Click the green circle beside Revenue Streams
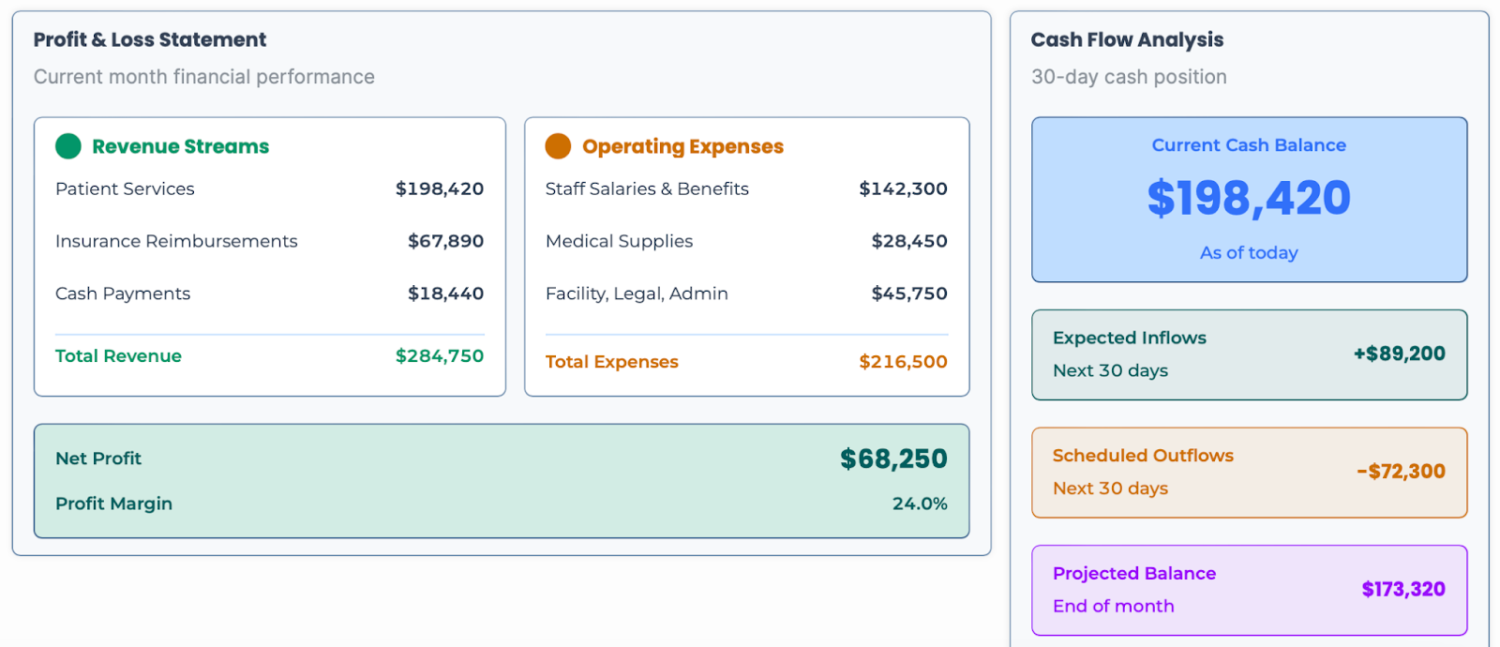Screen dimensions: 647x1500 pyautogui.click(x=68, y=146)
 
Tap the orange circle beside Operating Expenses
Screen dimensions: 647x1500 pyautogui.click(x=558, y=146)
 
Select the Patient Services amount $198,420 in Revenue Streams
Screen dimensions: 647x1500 pyautogui.click(x=439, y=188)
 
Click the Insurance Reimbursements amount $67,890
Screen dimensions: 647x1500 pyautogui.click(x=445, y=241)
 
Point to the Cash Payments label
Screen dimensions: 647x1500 pyautogui.click(x=123, y=293)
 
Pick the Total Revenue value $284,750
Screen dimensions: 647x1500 pyautogui.click(x=439, y=356)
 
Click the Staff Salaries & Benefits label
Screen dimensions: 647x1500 pyautogui.click(x=647, y=188)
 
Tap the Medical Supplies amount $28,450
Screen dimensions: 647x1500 pyautogui.click(x=908, y=241)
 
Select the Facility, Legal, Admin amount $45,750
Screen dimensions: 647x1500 pyautogui.click(x=908, y=293)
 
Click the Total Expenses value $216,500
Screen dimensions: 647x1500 pyautogui.click(x=903, y=362)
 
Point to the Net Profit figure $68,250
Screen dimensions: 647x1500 pyautogui.click(x=892, y=459)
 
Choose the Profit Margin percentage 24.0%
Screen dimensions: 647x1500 pyautogui.click(x=919, y=504)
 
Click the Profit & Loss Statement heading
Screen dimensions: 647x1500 pyautogui.click(x=150, y=39)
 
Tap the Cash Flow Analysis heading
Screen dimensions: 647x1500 pyautogui.click(x=1127, y=39)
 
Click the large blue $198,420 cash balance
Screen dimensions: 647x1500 pyautogui.click(x=1249, y=199)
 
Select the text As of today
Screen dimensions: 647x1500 pyautogui.click(x=1249, y=253)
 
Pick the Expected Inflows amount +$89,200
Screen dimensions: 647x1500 pyautogui.click(x=1399, y=354)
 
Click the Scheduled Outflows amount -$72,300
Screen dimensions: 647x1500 pyautogui.click(x=1401, y=472)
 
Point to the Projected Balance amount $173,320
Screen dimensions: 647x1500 pyautogui.click(x=1402, y=589)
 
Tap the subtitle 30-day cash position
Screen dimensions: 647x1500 pyautogui.click(x=1129, y=77)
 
